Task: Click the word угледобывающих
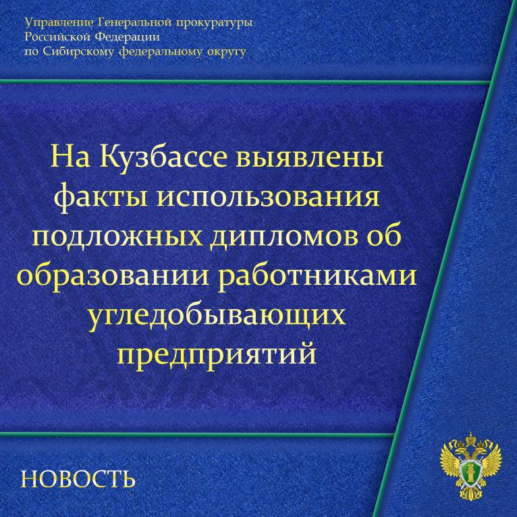pyautogui.click(x=217, y=317)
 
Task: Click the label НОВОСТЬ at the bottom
pyautogui.click(x=78, y=479)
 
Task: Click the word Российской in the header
pyautogui.click(x=57, y=37)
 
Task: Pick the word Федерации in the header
pyautogui.click(x=128, y=37)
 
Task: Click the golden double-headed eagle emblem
pyautogui.click(x=471, y=466)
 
